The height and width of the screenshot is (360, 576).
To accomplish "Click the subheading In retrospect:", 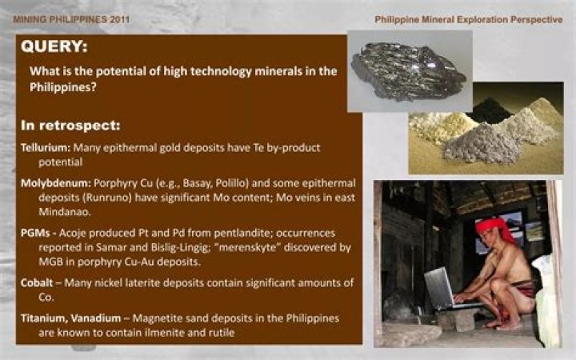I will [x=70, y=126].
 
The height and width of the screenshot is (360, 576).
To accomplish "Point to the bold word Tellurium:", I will [x=46, y=148].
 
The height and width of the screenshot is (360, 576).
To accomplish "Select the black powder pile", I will [x=490, y=112].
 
